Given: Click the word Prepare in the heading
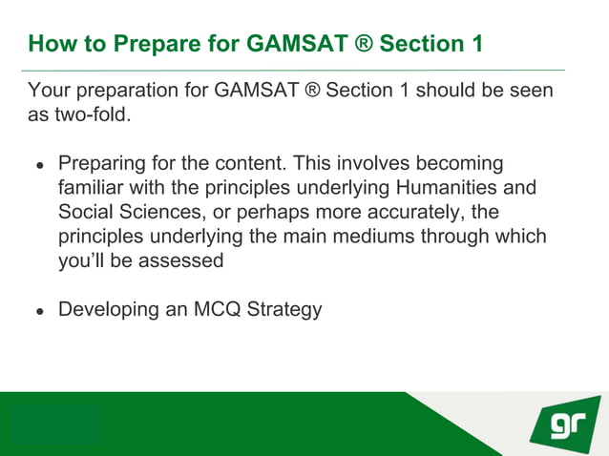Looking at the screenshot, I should tap(151, 44).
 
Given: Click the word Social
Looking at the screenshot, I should tap(88, 211).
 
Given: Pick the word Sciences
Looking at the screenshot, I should tap(167, 211).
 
